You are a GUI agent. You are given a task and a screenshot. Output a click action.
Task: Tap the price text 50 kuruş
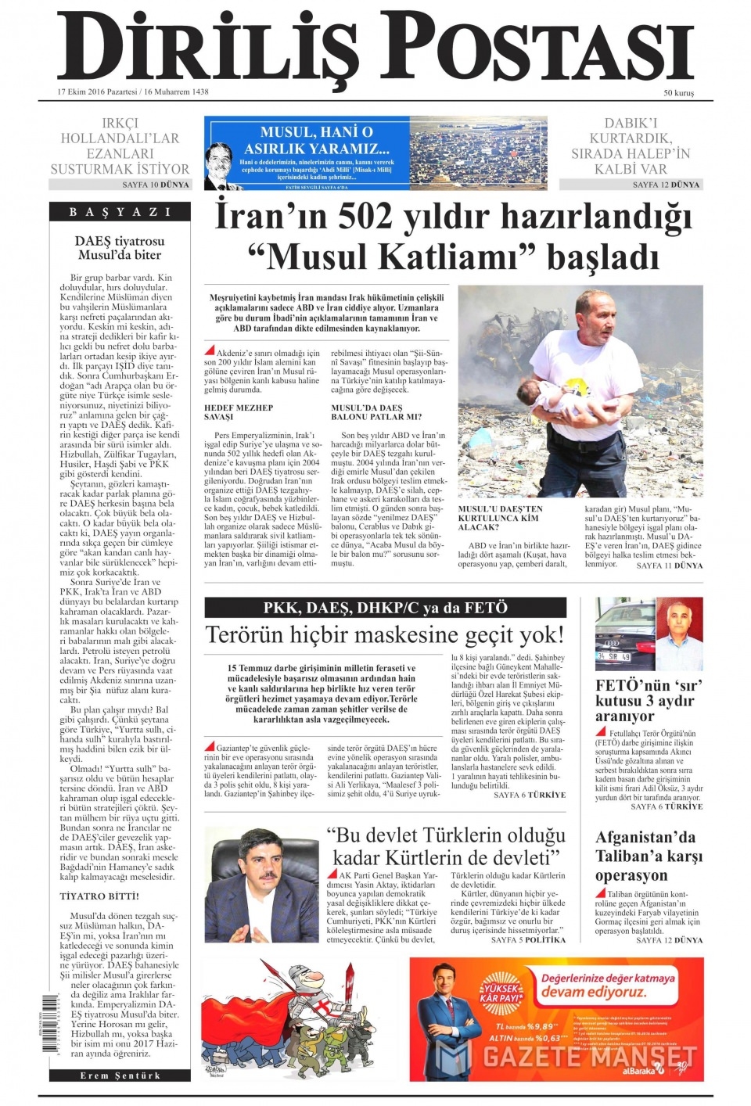pos(678,93)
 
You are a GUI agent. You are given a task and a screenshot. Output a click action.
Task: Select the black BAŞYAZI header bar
pos(120,212)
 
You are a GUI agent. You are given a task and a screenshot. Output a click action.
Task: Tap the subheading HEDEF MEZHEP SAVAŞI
pos(239,412)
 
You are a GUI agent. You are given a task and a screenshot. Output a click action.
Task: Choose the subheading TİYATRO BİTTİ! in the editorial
pos(99,896)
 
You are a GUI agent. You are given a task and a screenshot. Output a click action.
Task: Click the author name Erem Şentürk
pos(120,1076)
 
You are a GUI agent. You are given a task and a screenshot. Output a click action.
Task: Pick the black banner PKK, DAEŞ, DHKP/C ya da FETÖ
pos(385,608)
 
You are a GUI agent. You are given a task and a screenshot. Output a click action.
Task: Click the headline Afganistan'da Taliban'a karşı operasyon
pos(649,856)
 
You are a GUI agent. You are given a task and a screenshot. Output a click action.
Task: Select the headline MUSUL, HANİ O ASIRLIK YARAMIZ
pos(316,140)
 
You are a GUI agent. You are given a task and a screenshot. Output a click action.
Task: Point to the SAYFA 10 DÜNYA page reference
pos(156,185)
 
